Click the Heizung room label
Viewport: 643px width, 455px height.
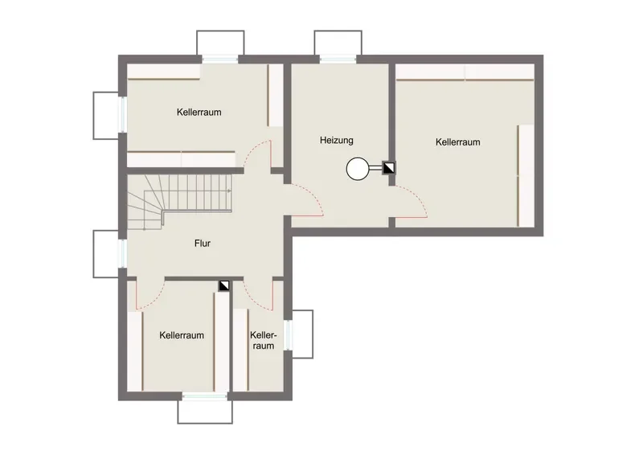tap(336, 141)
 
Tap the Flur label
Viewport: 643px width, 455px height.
tap(203, 244)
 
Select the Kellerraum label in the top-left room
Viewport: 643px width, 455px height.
tap(199, 112)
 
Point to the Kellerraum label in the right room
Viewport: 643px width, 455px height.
tap(457, 142)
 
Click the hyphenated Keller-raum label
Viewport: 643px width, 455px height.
tap(264, 341)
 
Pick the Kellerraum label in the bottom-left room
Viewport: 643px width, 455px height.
tap(182, 335)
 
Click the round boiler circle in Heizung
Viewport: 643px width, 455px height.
tap(358, 169)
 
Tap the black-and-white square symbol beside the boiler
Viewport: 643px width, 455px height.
tap(388, 168)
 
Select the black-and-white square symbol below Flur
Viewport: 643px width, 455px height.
tap(224, 285)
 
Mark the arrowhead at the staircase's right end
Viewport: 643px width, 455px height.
tap(230, 191)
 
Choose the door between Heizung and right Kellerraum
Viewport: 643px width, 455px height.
tap(412, 202)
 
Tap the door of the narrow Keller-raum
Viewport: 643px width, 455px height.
tap(258, 293)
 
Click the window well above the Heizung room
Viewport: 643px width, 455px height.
tap(338, 43)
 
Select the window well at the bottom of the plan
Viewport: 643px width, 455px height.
tap(205, 412)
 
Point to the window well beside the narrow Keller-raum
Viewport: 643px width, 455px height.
tap(303, 334)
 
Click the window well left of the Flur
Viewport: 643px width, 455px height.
tap(106, 254)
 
